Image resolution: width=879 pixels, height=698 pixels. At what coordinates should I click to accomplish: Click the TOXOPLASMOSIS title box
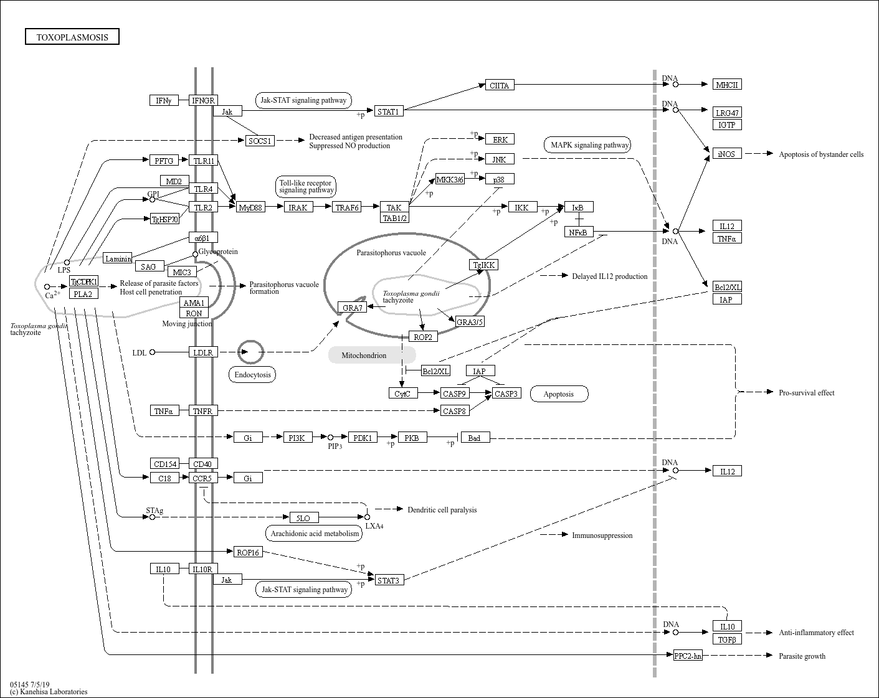click(72, 36)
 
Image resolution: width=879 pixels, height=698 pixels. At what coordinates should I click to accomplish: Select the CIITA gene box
click(500, 85)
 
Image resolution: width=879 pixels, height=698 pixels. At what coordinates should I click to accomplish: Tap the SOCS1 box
click(260, 141)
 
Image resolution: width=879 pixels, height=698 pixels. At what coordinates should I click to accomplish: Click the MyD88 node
click(250, 207)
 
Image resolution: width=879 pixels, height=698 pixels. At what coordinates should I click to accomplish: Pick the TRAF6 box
click(347, 207)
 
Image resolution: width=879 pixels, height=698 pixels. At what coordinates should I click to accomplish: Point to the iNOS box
click(727, 154)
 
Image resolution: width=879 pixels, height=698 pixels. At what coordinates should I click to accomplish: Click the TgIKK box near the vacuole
click(483, 265)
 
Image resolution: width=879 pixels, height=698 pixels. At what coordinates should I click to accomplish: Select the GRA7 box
click(352, 307)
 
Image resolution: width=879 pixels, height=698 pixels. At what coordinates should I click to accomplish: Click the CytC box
click(403, 394)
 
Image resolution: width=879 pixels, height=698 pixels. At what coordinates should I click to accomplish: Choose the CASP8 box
click(455, 410)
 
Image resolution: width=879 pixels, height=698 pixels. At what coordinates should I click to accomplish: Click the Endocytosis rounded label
click(252, 374)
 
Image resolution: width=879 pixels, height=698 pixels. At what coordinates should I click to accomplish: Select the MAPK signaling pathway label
click(587, 145)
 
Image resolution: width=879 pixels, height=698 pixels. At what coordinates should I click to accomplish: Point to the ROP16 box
click(248, 552)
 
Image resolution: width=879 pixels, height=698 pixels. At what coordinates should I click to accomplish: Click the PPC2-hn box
click(688, 656)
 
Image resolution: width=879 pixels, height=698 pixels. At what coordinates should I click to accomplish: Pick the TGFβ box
click(727, 639)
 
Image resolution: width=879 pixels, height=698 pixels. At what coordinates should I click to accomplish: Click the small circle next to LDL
click(153, 352)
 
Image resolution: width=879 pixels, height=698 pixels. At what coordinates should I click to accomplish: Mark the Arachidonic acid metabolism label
click(314, 534)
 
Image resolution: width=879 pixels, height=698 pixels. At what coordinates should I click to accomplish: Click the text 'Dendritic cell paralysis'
click(442, 510)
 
